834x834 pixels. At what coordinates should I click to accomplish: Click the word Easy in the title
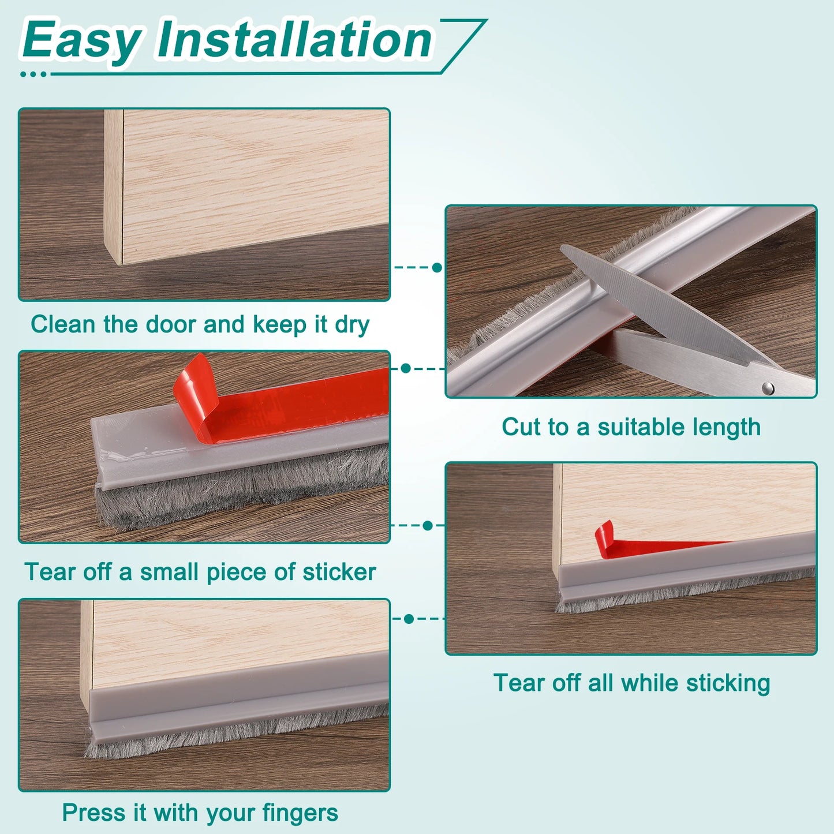pyautogui.click(x=81, y=40)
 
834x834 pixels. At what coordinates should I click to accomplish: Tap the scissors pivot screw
pyautogui.click(x=768, y=388)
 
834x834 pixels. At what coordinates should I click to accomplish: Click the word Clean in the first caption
pyautogui.click(x=63, y=324)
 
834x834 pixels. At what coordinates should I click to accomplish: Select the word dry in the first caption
pyautogui.click(x=351, y=325)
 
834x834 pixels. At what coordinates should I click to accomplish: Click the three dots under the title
pyautogui.click(x=33, y=74)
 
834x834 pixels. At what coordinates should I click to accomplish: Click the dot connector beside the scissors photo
pyautogui.click(x=437, y=267)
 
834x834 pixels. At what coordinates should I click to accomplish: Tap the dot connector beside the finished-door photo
pyautogui.click(x=409, y=619)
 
